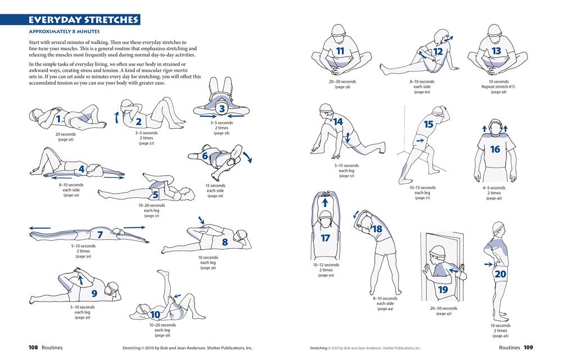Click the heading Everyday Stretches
pos(84,20)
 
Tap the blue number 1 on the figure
pos(58,119)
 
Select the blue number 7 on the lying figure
pos(100,235)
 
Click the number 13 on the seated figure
pos(496,51)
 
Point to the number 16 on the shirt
pos(495,149)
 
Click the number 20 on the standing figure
pos(500,274)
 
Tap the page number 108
pos(33,348)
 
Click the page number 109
pos(528,348)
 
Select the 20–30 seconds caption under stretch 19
pos(443,308)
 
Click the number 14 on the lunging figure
pos(338,121)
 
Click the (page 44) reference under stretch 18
pos(385,309)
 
